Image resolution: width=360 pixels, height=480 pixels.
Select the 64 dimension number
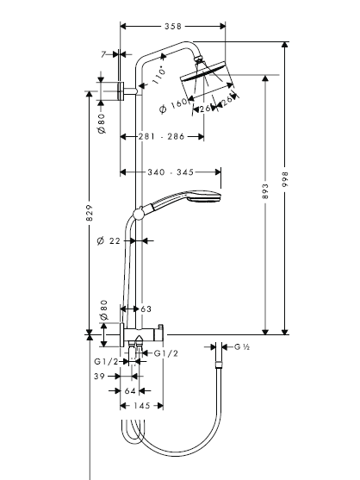pos(130,391)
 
